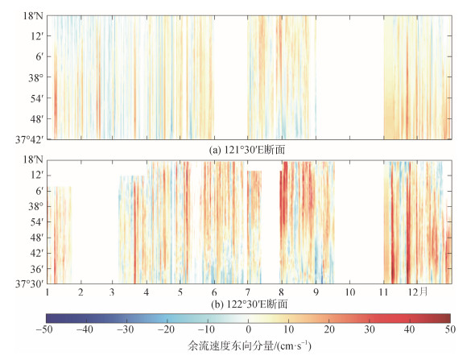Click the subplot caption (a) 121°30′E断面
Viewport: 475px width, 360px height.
[247, 150]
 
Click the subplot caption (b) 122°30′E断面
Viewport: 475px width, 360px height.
[249, 304]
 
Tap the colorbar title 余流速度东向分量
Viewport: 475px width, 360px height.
[230, 346]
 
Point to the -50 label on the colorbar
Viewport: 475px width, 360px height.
[44, 329]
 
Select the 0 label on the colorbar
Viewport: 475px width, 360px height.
[249, 329]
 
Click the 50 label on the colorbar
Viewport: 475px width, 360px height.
[450, 329]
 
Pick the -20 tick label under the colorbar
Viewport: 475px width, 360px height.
[166, 329]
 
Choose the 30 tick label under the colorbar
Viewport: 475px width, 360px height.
[370, 329]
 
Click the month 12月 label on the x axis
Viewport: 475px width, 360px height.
[418, 292]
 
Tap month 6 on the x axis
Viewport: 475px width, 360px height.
[214, 292]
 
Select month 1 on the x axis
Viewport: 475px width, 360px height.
[47, 292]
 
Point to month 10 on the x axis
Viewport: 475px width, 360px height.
[349, 292]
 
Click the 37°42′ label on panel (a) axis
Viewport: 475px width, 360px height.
[29, 139]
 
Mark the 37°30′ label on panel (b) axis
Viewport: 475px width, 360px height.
[29, 284]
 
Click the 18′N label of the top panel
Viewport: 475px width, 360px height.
[33, 15]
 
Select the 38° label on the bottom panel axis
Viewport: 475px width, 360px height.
[36, 207]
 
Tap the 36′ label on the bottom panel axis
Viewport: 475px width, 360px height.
[37, 269]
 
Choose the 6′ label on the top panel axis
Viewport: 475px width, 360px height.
[39, 56]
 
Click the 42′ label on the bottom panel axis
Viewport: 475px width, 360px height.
[37, 253]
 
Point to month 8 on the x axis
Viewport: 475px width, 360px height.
[282, 292]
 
